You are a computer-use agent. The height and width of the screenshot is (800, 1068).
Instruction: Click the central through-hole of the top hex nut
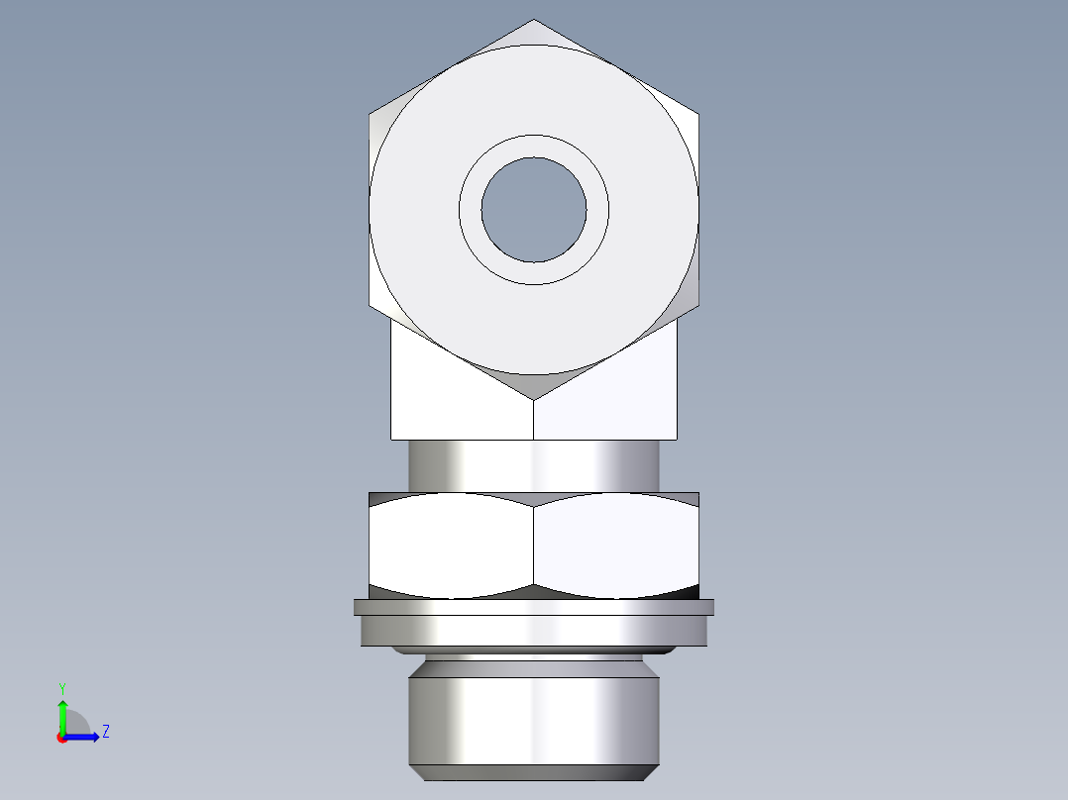[x=533, y=209]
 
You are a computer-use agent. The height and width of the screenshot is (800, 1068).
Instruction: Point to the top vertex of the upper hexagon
[x=534, y=20]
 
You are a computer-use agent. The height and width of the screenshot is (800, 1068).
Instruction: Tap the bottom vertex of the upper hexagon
[x=534, y=400]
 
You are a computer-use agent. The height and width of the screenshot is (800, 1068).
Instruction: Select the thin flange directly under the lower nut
[x=533, y=607]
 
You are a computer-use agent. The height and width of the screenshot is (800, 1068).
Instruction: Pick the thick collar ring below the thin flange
[x=533, y=631]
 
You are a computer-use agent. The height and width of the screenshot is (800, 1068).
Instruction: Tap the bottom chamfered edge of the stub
[x=533, y=772]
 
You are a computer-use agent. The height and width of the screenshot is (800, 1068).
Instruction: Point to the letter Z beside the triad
[x=105, y=732]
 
